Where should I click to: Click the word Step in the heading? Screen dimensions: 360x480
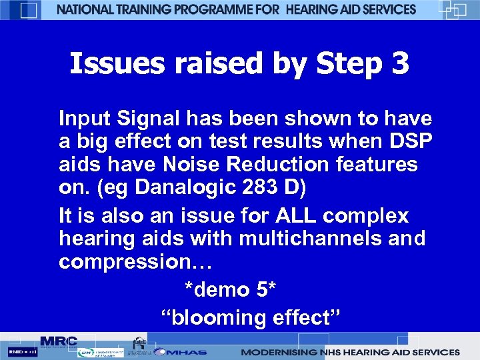[x=351, y=65]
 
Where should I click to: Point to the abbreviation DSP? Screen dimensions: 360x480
[x=413, y=142]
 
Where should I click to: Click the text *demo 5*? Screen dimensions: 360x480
[x=230, y=290]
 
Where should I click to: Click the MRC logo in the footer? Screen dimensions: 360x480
[x=59, y=341]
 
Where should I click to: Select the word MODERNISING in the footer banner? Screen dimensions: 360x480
[x=277, y=352]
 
